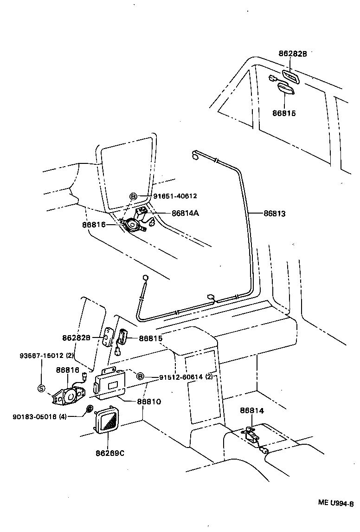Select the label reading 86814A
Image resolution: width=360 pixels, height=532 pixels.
click(185, 213)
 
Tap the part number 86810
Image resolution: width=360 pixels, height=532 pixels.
click(149, 401)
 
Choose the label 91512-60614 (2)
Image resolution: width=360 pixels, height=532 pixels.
click(185, 377)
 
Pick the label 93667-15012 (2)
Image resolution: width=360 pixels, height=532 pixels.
click(46, 356)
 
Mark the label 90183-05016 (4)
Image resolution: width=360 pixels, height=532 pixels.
click(40, 416)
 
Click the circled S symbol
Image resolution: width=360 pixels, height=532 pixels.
click(41, 388)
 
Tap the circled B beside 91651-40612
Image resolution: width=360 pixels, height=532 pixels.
click(133, 196)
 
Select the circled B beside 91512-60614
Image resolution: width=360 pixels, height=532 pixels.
click(140, 376)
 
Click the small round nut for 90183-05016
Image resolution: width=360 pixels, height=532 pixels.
click(89, 409)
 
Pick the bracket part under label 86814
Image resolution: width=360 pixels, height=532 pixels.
click(251, 435)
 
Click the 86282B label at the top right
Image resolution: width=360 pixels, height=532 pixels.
click(293, 53)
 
